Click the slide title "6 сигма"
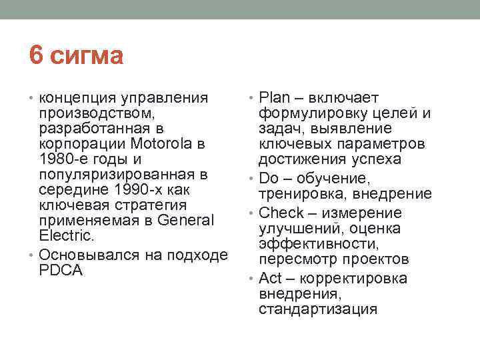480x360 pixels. [x=76, y=56]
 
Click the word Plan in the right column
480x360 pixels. [x=273, y=97]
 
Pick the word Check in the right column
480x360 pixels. [x=281, y=213]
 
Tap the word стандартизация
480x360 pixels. [x=319, y=310]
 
